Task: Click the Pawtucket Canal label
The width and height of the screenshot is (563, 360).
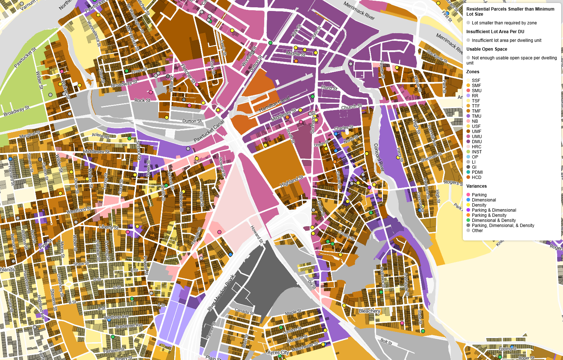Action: coord(209,132)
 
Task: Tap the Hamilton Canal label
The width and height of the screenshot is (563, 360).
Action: coord(274,104)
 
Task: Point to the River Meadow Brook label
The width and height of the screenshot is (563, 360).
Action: coord(221,293)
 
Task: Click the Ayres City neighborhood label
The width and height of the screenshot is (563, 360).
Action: coord(278,352)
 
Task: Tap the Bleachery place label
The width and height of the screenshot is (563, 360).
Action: coord(370,311)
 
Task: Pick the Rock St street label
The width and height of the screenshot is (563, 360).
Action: coord(142,100)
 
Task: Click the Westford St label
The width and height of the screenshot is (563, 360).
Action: coord(79,210)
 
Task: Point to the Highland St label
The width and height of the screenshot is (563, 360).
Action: coord(292,181)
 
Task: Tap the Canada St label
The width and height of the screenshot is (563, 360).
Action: coord(244,312)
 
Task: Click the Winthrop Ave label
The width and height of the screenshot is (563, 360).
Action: coord(116,317)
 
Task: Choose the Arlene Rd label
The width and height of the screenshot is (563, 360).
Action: coord(100,136)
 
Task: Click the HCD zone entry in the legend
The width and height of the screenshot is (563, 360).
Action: coord(476,177)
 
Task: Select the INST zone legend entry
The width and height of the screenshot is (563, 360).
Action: coord(477,152)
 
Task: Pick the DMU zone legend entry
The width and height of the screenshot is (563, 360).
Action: coord(477,142)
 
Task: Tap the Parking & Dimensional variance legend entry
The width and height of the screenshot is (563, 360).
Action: coord(494,210)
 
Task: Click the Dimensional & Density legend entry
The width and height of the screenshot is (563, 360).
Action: coord(493,220)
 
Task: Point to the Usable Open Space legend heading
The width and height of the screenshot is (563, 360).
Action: coord(486,49)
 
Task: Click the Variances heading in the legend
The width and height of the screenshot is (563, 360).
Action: coord(476,186)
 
